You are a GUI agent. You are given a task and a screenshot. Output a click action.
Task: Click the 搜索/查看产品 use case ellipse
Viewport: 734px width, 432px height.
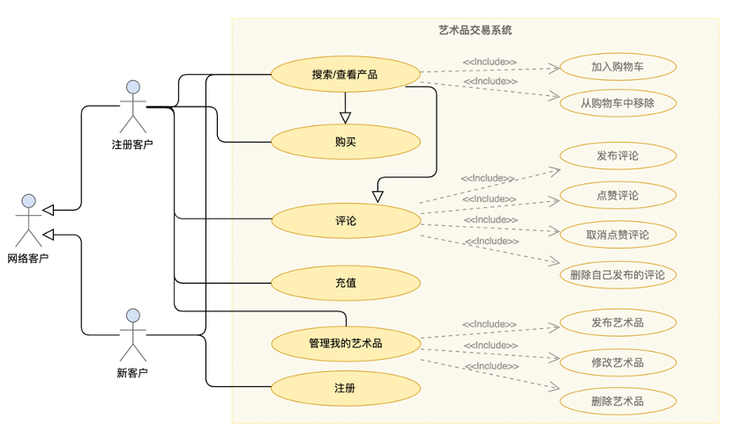coord(345,75)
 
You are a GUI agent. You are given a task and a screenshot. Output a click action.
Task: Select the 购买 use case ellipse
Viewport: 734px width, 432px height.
coord(345,141)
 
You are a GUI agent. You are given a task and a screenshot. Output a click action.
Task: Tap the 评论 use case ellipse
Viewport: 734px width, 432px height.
coord(345,220)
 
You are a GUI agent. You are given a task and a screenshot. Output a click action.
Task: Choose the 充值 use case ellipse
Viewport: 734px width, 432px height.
coord(345,283)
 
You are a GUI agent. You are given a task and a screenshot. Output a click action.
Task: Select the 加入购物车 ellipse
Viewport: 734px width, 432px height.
coord(618,67)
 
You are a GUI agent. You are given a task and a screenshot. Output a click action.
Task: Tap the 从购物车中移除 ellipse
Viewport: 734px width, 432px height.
coord(618,102)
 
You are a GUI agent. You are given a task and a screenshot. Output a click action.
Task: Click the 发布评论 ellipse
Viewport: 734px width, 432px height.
coord(618,156)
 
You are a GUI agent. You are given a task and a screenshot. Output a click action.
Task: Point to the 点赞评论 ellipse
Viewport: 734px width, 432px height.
coord(618,195)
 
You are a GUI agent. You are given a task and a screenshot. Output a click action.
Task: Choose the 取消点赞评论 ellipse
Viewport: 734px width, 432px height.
coord(618,235)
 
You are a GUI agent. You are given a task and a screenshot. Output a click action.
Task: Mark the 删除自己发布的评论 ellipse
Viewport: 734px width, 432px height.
coord(618,274)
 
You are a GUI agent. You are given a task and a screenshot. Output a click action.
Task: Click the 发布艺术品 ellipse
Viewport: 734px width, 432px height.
coord(618,323)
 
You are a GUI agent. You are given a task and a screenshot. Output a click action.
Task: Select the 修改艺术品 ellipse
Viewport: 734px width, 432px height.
coord(618,361)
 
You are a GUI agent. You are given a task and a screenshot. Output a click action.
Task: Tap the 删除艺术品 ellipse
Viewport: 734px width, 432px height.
coord(618,401)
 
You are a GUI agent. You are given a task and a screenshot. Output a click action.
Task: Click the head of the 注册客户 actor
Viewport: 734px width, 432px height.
coord(133,87)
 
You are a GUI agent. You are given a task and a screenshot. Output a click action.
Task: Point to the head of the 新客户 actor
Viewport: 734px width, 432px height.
coord(133,316)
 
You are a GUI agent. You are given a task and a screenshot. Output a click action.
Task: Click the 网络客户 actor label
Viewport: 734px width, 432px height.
coord(28,258)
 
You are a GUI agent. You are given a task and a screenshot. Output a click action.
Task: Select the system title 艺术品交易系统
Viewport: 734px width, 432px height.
coord(475,30)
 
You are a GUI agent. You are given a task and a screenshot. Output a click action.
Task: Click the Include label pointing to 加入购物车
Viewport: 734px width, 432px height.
coord(490,62)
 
